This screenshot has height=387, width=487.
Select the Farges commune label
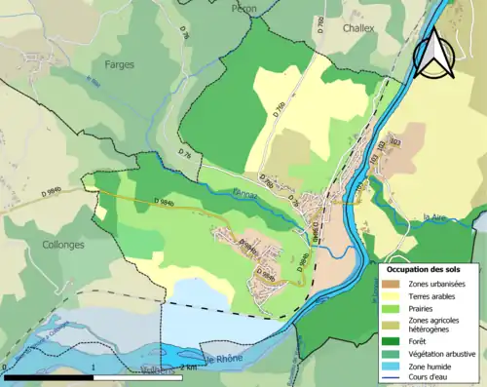[119, 64]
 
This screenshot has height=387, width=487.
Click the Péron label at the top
[243, 8]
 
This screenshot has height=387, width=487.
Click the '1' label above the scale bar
[92, 368]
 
